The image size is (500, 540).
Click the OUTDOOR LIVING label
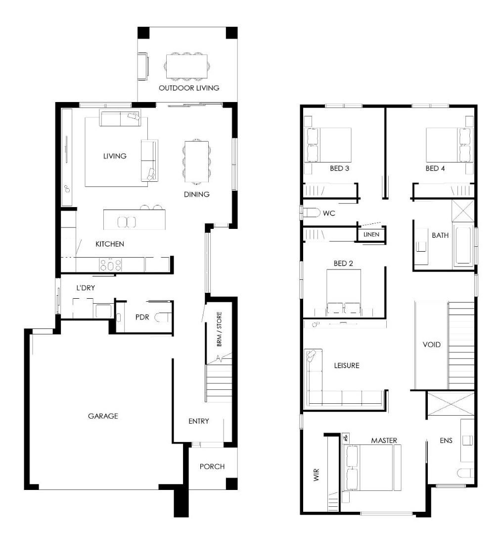[x=189, y=88]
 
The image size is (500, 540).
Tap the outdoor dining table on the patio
[x=187, y=66]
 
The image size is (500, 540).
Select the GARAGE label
[x=103, y=416]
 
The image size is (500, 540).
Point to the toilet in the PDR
[x=163, y=317]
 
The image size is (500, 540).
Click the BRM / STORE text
[x=219, y=329]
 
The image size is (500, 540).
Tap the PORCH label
[x=212, y=466]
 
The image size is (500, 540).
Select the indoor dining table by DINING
[x=196, y=161]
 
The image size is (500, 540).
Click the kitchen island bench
[x=135, y=219]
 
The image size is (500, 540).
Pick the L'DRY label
[x=85, y=287]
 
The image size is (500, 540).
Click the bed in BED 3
[x=328, y=145]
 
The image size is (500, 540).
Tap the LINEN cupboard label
[x=371, y=234]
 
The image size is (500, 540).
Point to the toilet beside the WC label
[x=311, y=213]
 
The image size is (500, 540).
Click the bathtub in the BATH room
[x=463, y=245]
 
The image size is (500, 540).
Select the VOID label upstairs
[x=431, y=344]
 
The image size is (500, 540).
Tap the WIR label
[x=317, y=475]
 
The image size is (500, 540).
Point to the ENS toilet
[x=466, y=473]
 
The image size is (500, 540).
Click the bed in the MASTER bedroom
[x=368, y=467]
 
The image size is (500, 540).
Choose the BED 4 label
[x=435, y=168]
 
